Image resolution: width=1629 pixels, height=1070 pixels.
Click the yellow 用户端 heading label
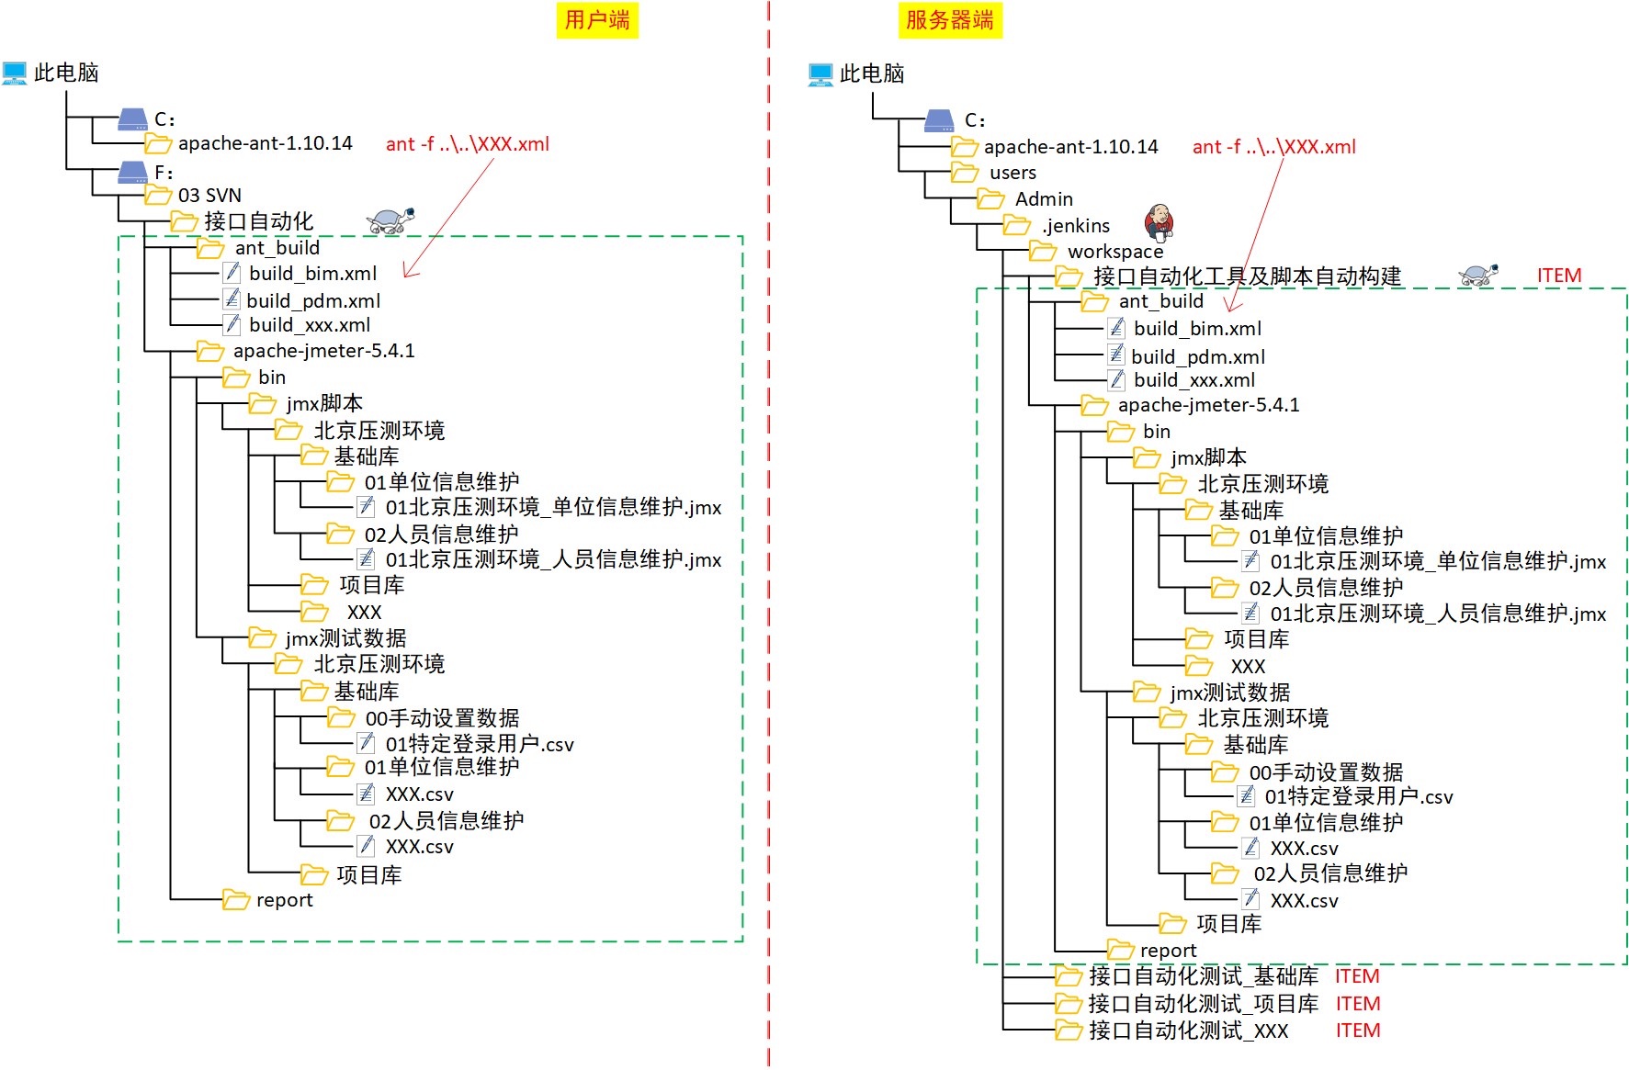coord(597,20)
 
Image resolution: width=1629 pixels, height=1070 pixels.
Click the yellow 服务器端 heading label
coord(949,20)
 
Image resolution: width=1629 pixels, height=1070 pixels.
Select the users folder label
coord(1012,173)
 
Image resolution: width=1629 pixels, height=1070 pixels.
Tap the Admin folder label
coord(1044,199)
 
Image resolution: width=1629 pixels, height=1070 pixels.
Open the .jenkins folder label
coord(1076,226)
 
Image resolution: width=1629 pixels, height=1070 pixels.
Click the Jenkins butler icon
coord(1159,221)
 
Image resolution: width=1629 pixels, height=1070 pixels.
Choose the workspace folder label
coord(1114,252)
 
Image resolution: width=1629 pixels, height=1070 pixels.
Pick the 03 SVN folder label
coord(209,196)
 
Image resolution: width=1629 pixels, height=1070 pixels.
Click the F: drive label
coord(164,173)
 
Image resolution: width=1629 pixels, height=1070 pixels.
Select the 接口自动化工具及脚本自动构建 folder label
coord(1247,276)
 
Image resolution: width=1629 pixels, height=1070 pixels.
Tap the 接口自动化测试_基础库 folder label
coord(1203,976)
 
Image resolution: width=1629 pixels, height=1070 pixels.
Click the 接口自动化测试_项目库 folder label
coord(1203,1004)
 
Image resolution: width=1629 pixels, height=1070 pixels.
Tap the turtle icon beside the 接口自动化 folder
coord(390,220)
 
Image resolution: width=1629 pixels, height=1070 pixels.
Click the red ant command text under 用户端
coord(467,144)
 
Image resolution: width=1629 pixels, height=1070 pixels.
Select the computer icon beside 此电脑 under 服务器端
coord(820,74)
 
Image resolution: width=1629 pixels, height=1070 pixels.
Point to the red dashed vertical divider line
coord(769,551)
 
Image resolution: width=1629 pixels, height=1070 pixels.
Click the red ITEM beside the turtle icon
coord(1559,276)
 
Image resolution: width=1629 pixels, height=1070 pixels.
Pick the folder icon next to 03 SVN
coord(159,196)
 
